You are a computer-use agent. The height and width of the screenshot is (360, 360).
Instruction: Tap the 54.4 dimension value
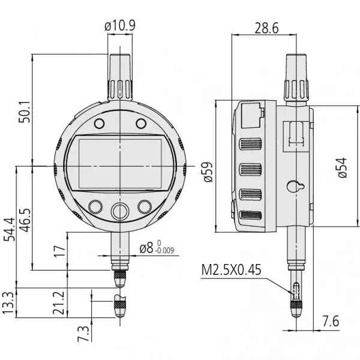[9, 229]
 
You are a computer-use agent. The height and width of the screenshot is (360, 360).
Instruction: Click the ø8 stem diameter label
[147, 248]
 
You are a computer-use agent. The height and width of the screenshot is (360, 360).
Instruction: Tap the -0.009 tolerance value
[164, 252]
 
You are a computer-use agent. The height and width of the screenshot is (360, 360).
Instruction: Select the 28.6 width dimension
[266, 28]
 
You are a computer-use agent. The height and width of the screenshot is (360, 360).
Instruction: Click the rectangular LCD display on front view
[121, 163]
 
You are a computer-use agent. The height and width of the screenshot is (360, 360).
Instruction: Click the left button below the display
[95, 206]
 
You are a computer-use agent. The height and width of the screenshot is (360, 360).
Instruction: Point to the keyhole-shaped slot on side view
[294, 187]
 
